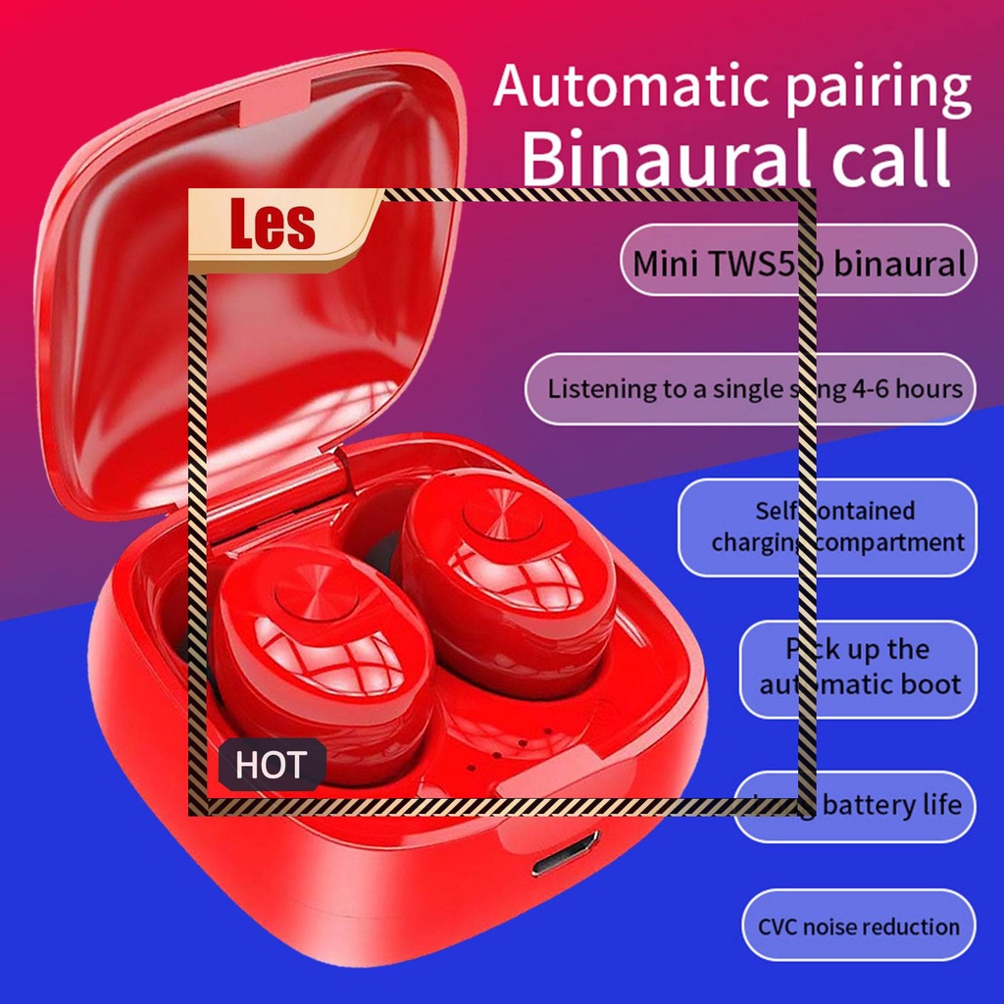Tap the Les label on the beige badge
(x=273, y=225)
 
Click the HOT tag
(x=271, y=765)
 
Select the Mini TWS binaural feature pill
(x=798, y=263)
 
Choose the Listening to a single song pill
(x=751, y=388)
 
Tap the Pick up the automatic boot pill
(x=859, y=667)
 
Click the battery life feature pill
(x=856, y=806)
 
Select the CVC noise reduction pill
(x=858, y=927)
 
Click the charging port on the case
(x=566, y=854)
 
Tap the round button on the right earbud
(x=504, y=517)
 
